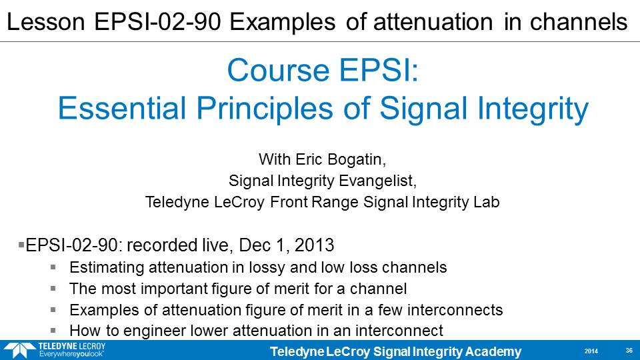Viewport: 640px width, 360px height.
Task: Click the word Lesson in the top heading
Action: point(46,21)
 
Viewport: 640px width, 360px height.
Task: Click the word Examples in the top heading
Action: point(282,21)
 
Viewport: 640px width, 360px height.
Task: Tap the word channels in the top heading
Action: point(579,21)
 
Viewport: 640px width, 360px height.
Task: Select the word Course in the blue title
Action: point(279,70)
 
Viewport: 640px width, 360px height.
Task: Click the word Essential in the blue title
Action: point(122,108)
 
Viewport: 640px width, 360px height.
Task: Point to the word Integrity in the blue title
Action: point(533,109)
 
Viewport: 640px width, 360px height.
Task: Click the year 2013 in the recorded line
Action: point(314,245)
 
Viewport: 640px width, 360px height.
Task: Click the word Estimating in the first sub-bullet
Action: point(106,268)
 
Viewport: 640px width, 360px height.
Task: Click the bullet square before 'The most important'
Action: point(53,289)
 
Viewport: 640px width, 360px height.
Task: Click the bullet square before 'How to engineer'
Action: point(53,331)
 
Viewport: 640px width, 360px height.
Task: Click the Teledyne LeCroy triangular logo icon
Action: point(19,350)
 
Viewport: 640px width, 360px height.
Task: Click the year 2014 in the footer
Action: point(591,351)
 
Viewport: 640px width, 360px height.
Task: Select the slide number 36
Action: point(629,351)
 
